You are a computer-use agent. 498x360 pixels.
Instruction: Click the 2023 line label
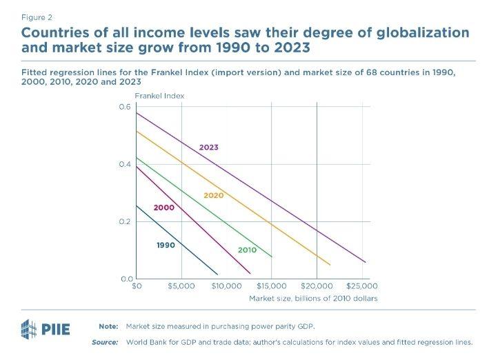coord(209,148)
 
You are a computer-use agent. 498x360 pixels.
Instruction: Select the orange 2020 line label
coord(214,196)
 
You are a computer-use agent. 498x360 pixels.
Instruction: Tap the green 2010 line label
coord(247,250)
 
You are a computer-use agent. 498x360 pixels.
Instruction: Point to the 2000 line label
coord(163,207)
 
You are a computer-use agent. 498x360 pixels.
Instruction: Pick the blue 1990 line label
coord(166,245)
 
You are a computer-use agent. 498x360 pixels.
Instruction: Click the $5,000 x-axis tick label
coord(181,286)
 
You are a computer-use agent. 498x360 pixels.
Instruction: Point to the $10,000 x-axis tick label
coord(226,286)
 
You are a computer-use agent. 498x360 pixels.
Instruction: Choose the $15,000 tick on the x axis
coord(271,286)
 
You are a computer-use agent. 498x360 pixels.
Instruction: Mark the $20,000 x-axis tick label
coord(317,286)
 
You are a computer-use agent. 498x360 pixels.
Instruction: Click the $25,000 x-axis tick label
coord(361,286)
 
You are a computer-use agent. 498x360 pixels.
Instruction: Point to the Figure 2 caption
coord(37,16)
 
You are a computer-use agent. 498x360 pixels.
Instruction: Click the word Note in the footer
coord(108,325)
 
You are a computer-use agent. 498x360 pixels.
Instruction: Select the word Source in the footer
coord(105,342)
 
